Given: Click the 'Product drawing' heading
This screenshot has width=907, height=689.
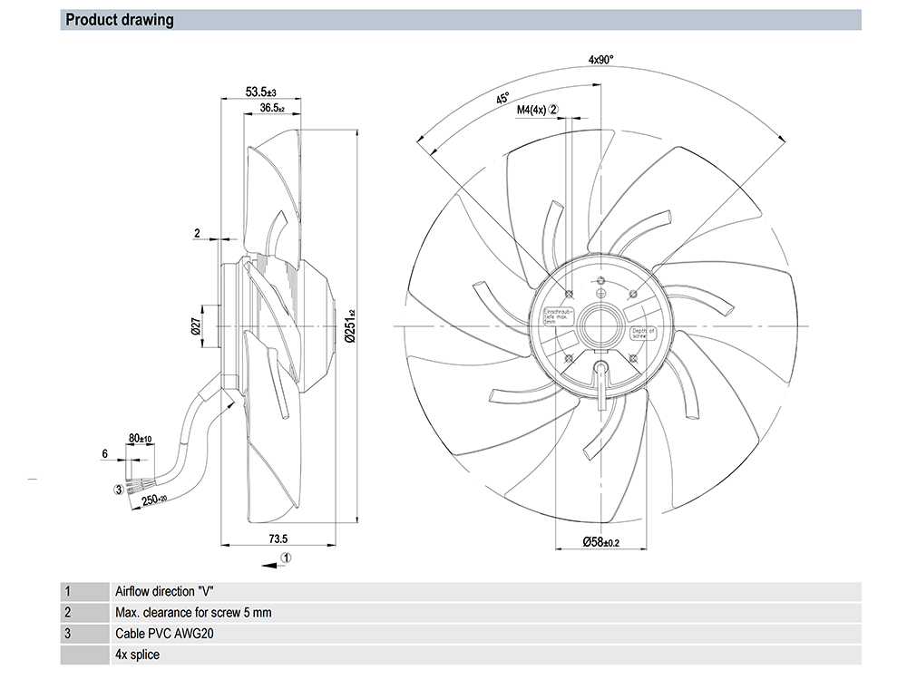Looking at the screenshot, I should (x=120, y=20).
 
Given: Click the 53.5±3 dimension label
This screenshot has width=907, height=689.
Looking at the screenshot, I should (x=260, y=92).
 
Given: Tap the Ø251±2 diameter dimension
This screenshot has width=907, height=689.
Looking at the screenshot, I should (x=351, y=327).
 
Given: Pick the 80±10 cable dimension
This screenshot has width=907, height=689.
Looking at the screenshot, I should (x=141, y=439).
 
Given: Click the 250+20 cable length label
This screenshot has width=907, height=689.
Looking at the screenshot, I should (x=151, y=500).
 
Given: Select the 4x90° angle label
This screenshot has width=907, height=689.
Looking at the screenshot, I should (x=600, y=60).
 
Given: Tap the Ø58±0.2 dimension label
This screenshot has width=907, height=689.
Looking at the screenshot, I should (x=600, y=542).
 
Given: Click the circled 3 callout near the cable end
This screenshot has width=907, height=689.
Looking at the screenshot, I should (x=117, y=490).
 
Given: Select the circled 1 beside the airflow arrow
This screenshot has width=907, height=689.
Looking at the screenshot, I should (x=286, y=558).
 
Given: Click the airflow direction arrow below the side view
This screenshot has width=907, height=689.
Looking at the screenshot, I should (x=268, y=564).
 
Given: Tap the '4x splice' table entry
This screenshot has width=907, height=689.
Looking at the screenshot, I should (x=137, y=654).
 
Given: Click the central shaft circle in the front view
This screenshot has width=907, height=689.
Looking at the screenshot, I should (x=600, y=325).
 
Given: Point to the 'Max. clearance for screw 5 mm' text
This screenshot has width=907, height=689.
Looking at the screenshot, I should (x=193, y=612).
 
